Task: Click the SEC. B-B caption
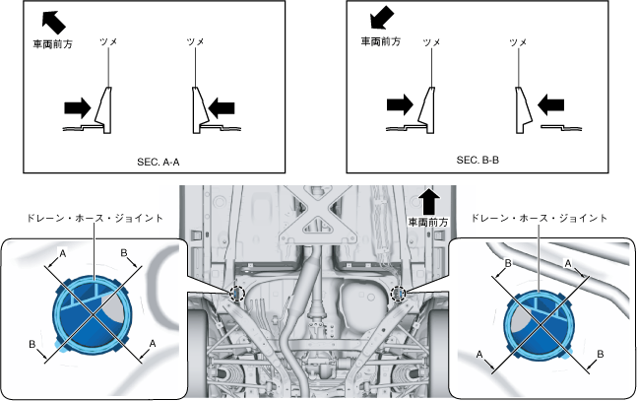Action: coord(478,159)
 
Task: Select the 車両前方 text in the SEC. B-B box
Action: coord(380,42)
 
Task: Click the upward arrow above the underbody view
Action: coord(429,202)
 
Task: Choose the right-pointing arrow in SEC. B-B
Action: coord(401,103)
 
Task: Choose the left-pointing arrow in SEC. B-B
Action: coord(550,103)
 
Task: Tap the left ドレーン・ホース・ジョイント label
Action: coord(95,217)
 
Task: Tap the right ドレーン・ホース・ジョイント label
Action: coord(538,217)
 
